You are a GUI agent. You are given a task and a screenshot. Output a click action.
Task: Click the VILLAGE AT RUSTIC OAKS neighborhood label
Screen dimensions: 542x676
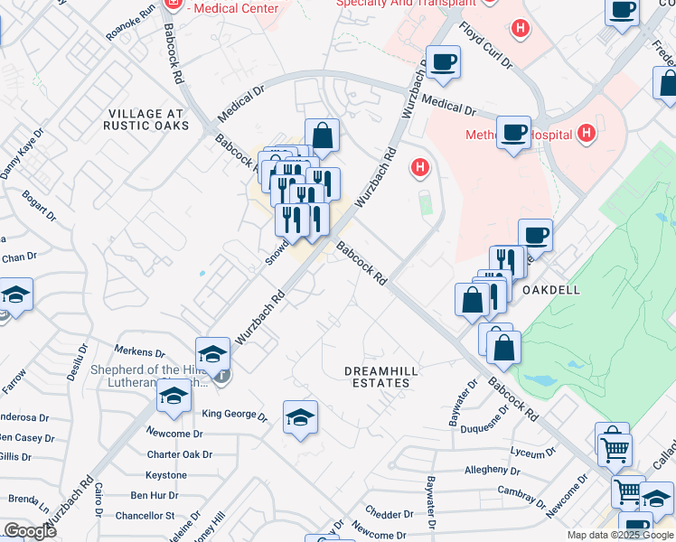(x=148, y=119)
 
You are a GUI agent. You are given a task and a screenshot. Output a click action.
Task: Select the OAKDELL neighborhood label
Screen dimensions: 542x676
(x=550, y=290)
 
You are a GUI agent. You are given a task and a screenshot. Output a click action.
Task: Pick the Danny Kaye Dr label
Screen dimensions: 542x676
(x=22, y=154)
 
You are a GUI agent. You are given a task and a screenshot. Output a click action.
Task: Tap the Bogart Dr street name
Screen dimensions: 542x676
(x=40, y=208)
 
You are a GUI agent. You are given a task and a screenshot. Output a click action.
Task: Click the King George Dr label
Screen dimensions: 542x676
(x=234, y=416)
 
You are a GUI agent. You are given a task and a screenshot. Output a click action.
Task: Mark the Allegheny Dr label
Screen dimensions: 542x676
(x=492, y=470)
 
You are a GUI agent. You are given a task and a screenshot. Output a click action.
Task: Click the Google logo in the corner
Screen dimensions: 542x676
(x=29, y=531)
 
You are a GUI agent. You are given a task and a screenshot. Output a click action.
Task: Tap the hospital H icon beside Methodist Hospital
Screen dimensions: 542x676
(x=587, y=134)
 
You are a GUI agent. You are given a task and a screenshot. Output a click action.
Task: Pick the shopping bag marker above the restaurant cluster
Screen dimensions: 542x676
(x=322, y=136)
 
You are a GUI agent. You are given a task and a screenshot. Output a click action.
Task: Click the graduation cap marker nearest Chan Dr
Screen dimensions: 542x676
(x=15, y=295)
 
